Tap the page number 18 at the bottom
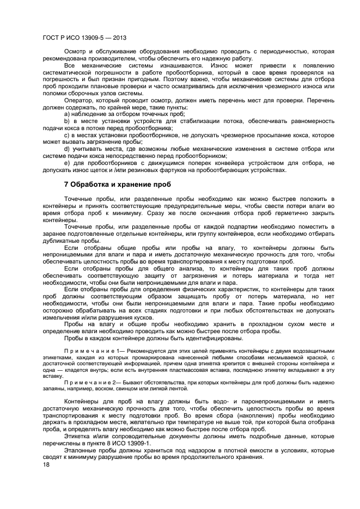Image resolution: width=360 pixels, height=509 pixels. pos(46,464)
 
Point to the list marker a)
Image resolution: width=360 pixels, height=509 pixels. pos(68,114)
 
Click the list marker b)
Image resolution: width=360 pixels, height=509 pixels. pos(68,121)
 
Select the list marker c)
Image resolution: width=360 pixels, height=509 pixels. pos(68,135)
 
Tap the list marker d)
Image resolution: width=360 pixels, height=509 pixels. pos(68,149)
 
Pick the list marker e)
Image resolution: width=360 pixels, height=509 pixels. pos(68,162)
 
